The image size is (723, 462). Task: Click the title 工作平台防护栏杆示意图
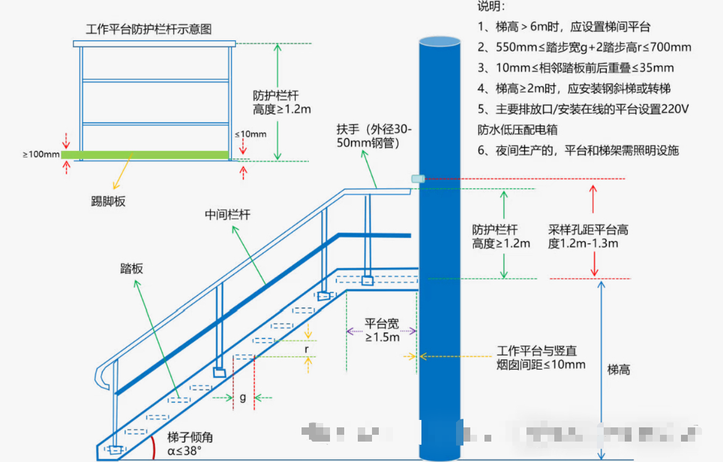pos(149,29)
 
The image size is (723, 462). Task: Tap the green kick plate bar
pos(145,154)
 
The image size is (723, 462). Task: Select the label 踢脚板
pos(108,201)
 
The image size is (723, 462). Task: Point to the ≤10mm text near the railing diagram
pos(250,134)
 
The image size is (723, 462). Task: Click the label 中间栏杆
pos(227,215)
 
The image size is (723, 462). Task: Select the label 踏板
pos(132,268)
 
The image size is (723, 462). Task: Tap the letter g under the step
pos(243,398)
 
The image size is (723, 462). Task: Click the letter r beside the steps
pos(307,349)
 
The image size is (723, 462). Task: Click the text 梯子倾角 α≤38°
pos(190,444)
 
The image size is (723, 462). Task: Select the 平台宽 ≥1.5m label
pos(382,330)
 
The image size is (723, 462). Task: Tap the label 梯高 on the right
pos(619,370)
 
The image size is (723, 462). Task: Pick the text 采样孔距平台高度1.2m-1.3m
pos(588,236)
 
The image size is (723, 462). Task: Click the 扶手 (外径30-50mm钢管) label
pos(374,136)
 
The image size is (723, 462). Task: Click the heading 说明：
pos(491,7)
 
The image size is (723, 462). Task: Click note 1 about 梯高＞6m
pos(564,27)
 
